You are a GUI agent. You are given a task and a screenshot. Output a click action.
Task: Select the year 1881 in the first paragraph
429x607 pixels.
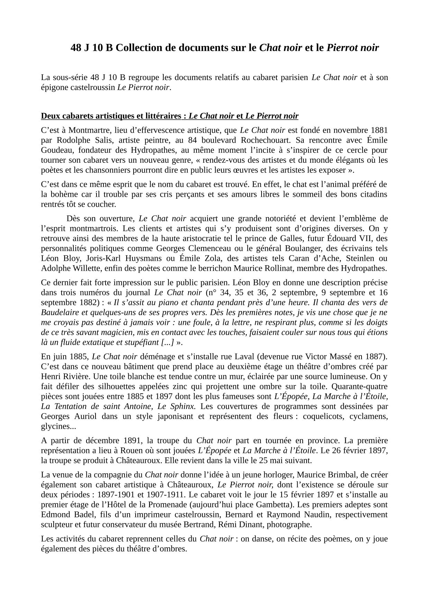[x=379, y=130]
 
